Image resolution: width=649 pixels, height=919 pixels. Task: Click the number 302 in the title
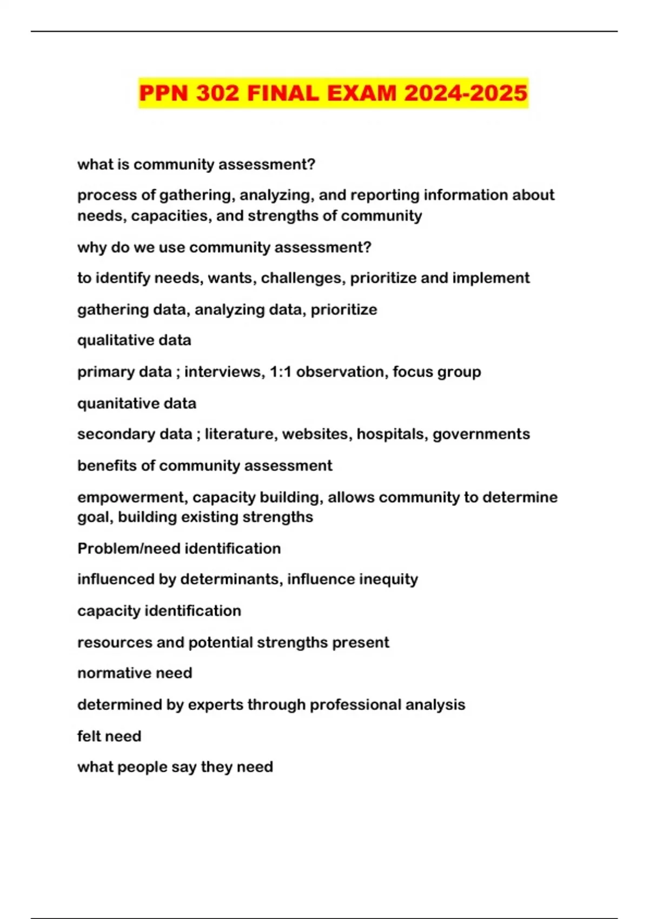(217, 93)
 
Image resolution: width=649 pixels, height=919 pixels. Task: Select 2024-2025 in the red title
(466, 93)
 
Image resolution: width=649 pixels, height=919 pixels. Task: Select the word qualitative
(107, 340)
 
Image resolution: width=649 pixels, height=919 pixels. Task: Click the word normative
(106, 673)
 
